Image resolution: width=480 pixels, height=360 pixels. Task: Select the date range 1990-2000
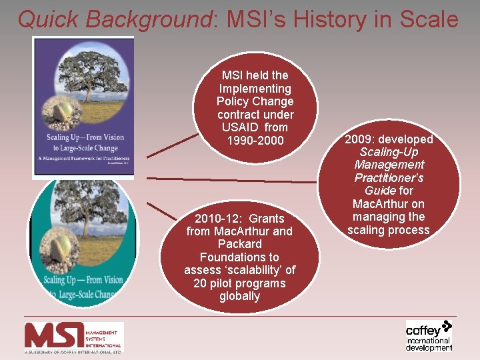tap(255, 141)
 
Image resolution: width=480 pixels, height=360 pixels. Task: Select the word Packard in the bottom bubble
tap(239, 244)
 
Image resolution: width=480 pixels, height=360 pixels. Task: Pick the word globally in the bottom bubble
tap(239, 296)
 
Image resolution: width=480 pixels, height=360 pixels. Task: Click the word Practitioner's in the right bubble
tap(389, 178)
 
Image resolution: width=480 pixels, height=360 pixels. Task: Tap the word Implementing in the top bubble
tap(255, 89)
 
